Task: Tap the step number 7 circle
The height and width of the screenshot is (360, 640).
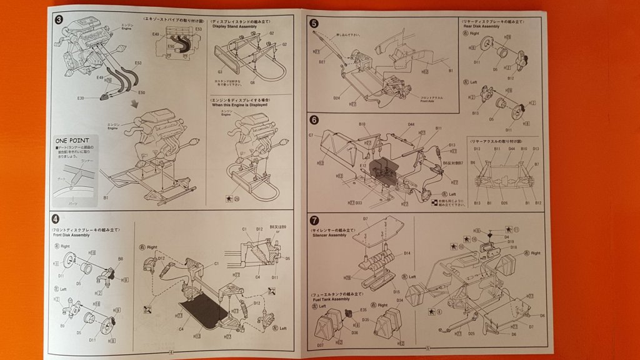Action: [x=314, y=219]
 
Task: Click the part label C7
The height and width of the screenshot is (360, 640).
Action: [x=311, y=135]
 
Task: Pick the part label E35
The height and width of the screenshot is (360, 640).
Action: [x=363, y=309]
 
